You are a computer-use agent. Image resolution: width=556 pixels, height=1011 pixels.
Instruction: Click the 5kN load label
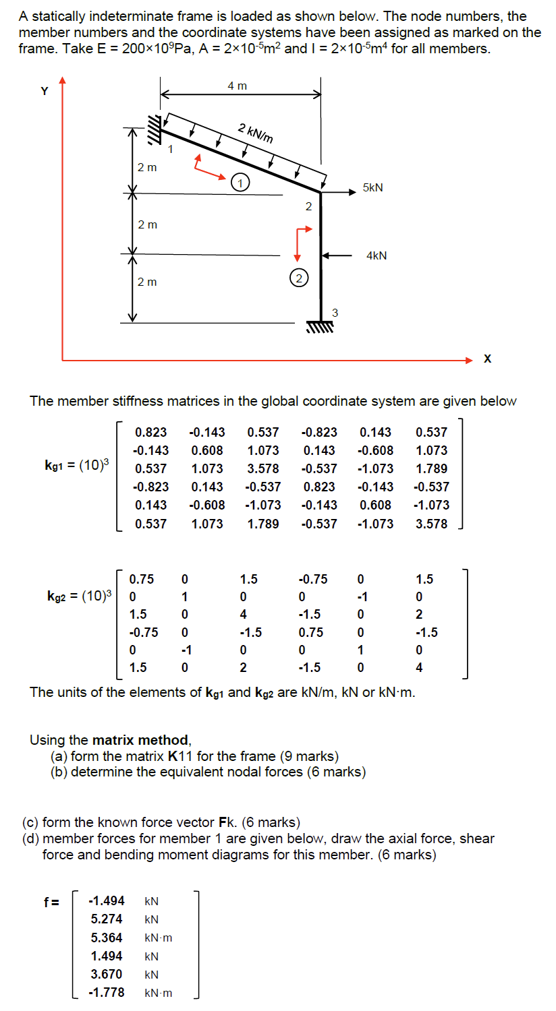coord(372,188)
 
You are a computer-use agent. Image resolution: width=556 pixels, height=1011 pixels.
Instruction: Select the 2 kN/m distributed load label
coord(256,133)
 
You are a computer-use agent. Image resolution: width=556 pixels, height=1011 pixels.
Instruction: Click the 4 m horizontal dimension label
coord(237,86)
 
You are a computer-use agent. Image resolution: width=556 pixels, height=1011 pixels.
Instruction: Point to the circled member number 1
coord(240,181)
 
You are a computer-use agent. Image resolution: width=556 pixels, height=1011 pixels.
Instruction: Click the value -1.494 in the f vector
coord(107,900)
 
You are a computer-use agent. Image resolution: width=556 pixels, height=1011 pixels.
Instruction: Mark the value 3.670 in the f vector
coord(107,974)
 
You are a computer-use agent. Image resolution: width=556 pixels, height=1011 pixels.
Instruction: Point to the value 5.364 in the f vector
coord(107,938)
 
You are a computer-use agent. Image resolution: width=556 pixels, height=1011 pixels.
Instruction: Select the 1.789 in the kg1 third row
coord(431,468)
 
